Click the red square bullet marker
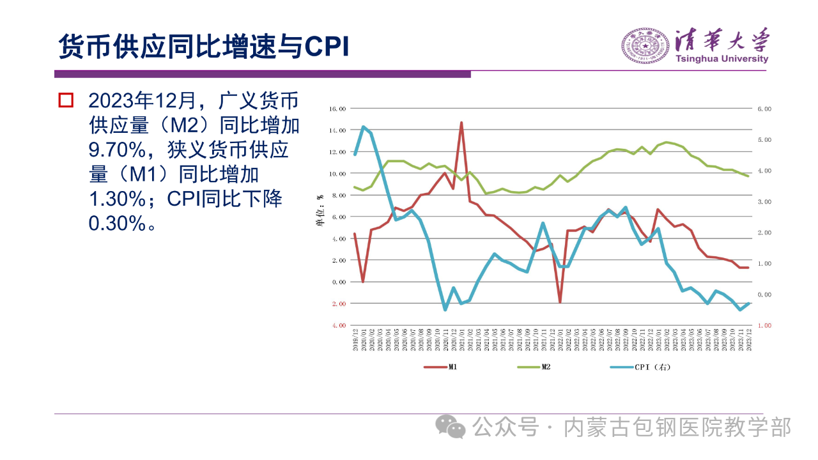pos(66,100)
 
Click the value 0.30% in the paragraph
pos(118,224)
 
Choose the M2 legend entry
pos(546,367)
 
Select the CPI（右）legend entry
pos(652,367)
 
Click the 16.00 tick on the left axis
pos(337,109)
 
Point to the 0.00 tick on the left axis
pos(338,282)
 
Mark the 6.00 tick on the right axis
pos(764,109)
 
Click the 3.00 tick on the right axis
pos(764,202)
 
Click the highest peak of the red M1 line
pos(461,123)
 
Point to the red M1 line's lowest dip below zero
pos(560,302)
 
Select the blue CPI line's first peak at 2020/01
pos(363,126)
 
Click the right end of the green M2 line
pos(748,176)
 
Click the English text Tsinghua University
pos(722,59)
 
